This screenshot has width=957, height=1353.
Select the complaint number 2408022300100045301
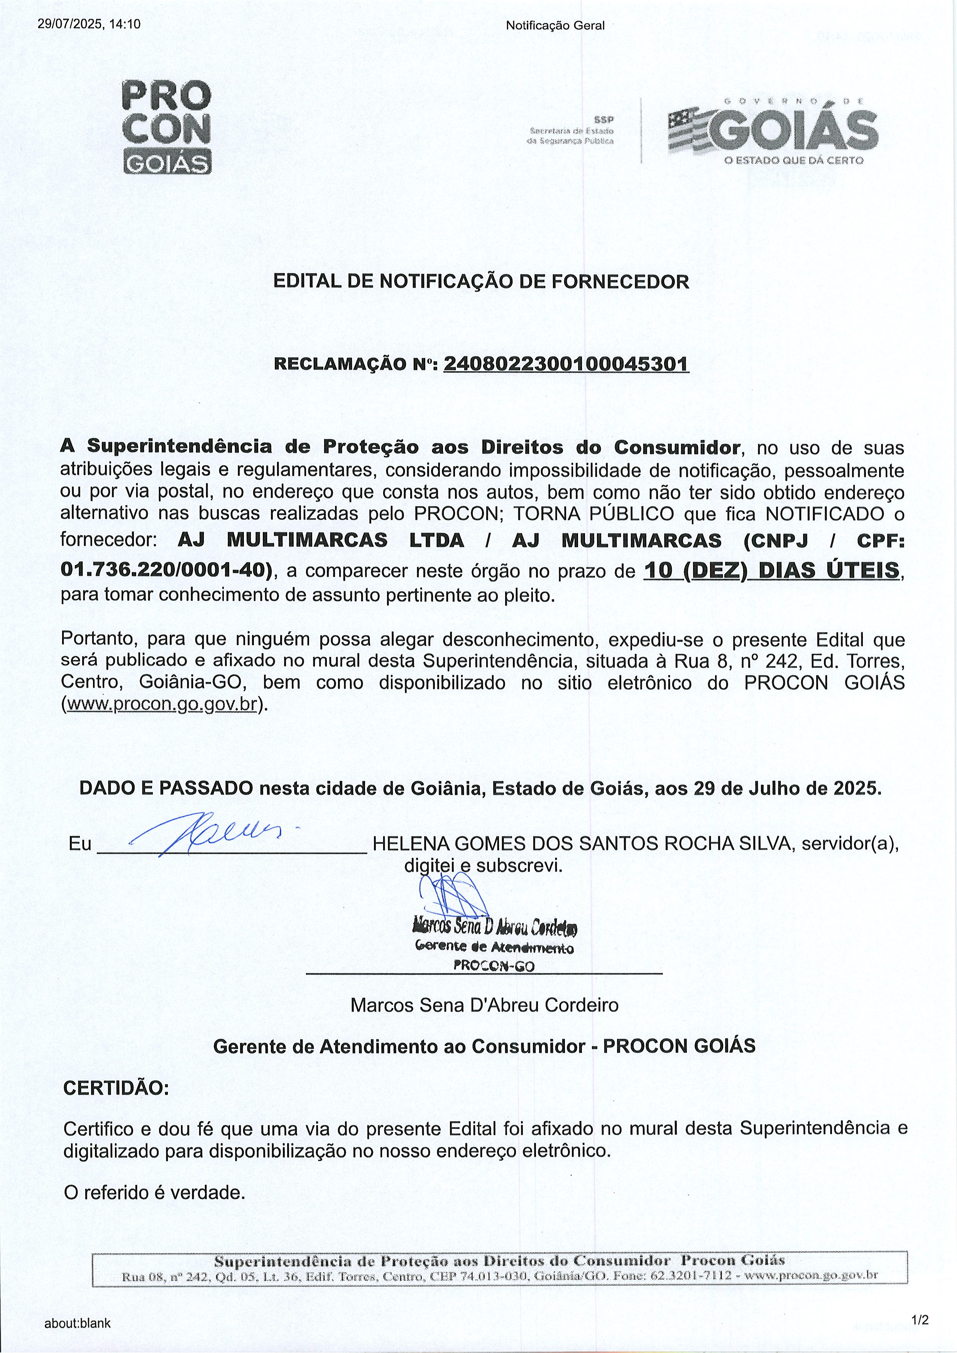(566, 364)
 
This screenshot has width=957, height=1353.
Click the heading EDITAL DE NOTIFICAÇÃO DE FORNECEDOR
(481, 282)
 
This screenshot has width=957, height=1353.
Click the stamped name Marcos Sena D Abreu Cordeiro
(495, 927)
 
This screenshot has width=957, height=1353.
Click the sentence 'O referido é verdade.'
(154, 1193)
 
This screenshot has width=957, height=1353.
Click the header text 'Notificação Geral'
(555, 25)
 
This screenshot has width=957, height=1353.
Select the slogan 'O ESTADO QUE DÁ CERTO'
(794, 160)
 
